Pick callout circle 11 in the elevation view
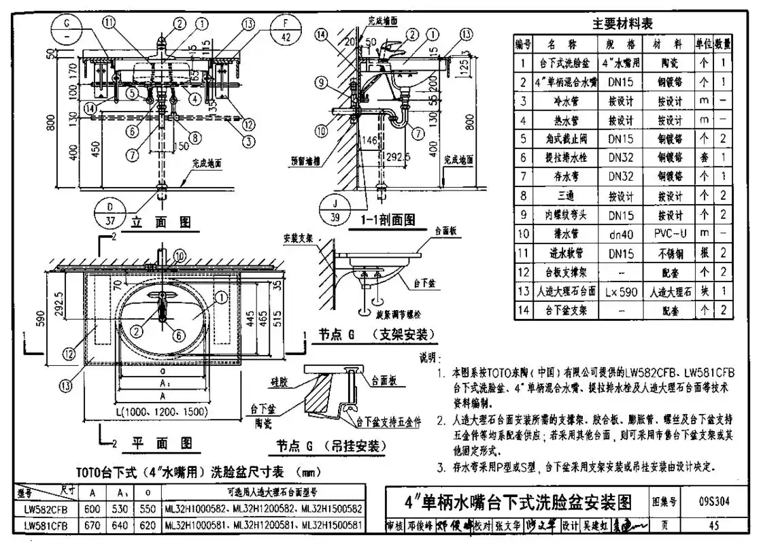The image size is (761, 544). coord(110,22)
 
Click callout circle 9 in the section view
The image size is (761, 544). coord(321,84)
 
